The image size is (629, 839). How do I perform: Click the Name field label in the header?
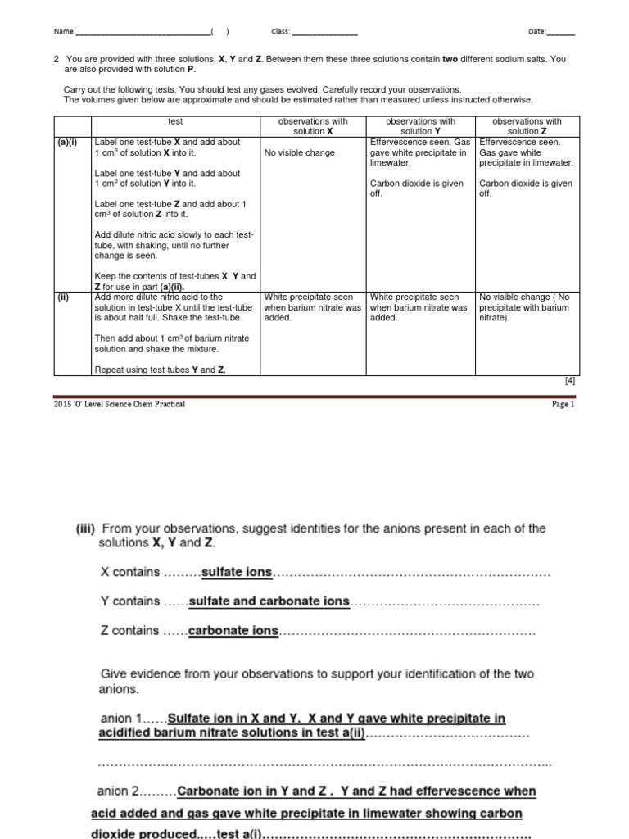tap(64, 32)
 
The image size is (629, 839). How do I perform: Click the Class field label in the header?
tap(281, 32)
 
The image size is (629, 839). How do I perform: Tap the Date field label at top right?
tap(536, 32)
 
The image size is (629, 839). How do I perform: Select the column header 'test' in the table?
tap(175, 121)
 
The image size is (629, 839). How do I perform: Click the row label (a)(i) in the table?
tap(67, 142)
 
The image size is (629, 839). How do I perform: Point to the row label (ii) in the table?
tap(63, 297)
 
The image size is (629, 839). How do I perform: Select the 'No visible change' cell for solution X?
tap(300, 153)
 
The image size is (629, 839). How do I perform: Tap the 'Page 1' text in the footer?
tap(563, 404)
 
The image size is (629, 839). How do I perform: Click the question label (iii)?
tap(86, 528)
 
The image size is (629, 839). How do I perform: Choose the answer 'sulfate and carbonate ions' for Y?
tap(269, 601)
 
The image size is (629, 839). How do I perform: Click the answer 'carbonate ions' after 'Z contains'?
tap(233, 631)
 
